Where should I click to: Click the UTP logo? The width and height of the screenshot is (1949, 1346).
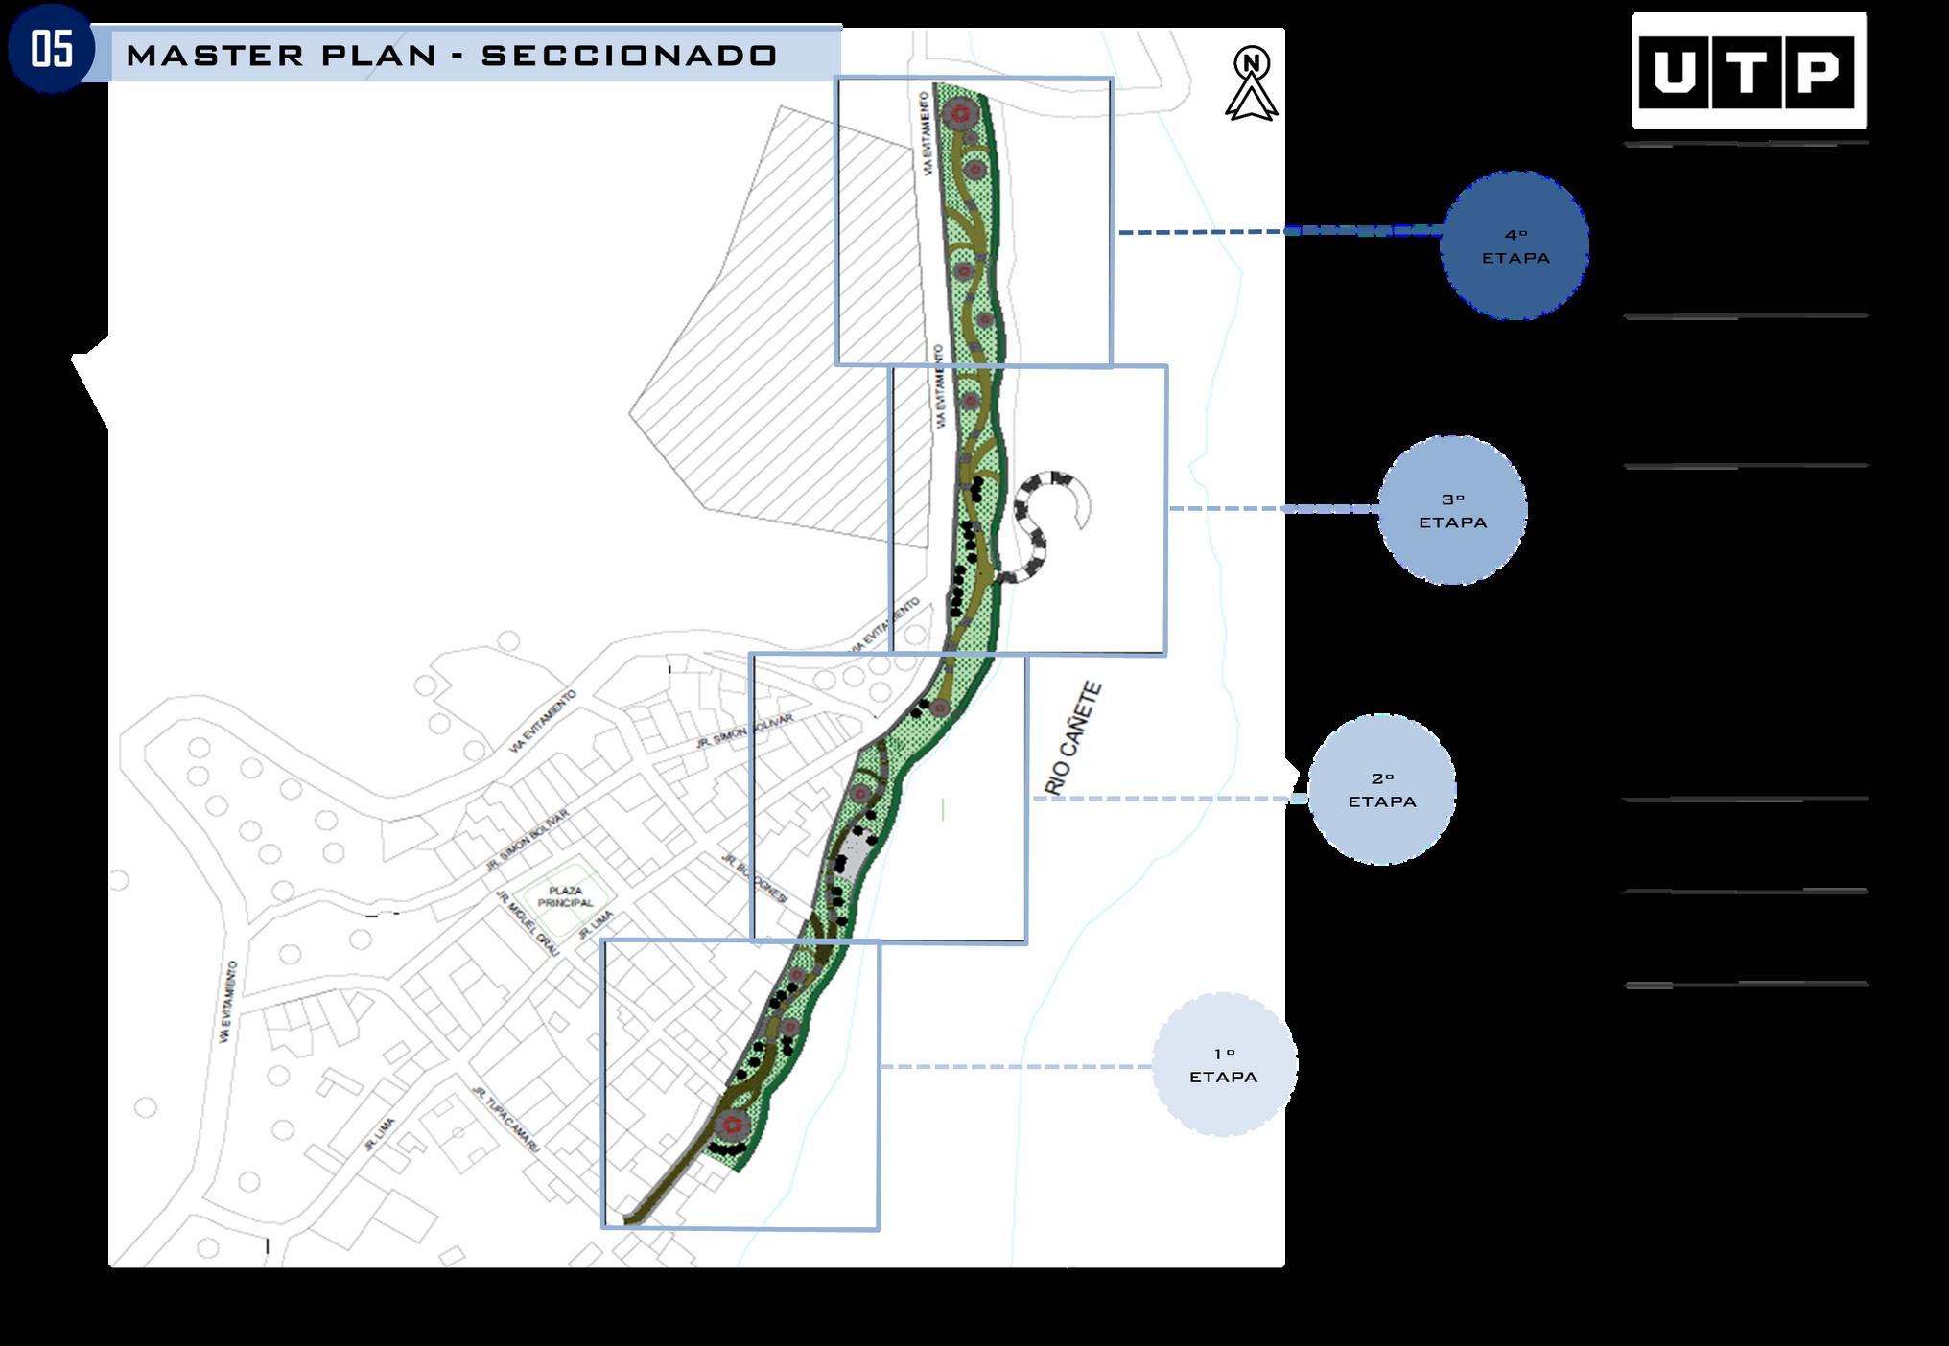point(1748,71)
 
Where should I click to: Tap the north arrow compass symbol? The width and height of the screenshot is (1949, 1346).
point(1251,85)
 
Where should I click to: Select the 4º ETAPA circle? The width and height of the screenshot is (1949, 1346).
point(1514,246)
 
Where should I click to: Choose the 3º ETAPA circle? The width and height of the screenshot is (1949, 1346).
point(1452,511)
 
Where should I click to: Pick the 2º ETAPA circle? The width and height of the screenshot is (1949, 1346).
point(1381,790)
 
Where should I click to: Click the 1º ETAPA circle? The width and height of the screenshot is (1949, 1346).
point(1223,1065)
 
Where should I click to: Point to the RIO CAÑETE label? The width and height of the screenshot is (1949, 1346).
point(1074,739)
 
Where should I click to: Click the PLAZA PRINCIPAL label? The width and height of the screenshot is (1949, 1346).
point(566,896)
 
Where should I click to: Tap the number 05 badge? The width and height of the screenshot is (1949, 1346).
point(52,50)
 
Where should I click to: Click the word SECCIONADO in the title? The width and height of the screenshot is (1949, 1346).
point(629,56)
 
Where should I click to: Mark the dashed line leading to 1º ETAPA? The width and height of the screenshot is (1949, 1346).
point(1017,1067)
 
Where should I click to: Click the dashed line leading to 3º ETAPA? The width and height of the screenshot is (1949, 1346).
point(1272,508)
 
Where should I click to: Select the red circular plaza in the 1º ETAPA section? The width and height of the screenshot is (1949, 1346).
point(734,1125)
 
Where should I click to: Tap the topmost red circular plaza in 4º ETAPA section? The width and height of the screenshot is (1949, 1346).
point(957,115)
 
